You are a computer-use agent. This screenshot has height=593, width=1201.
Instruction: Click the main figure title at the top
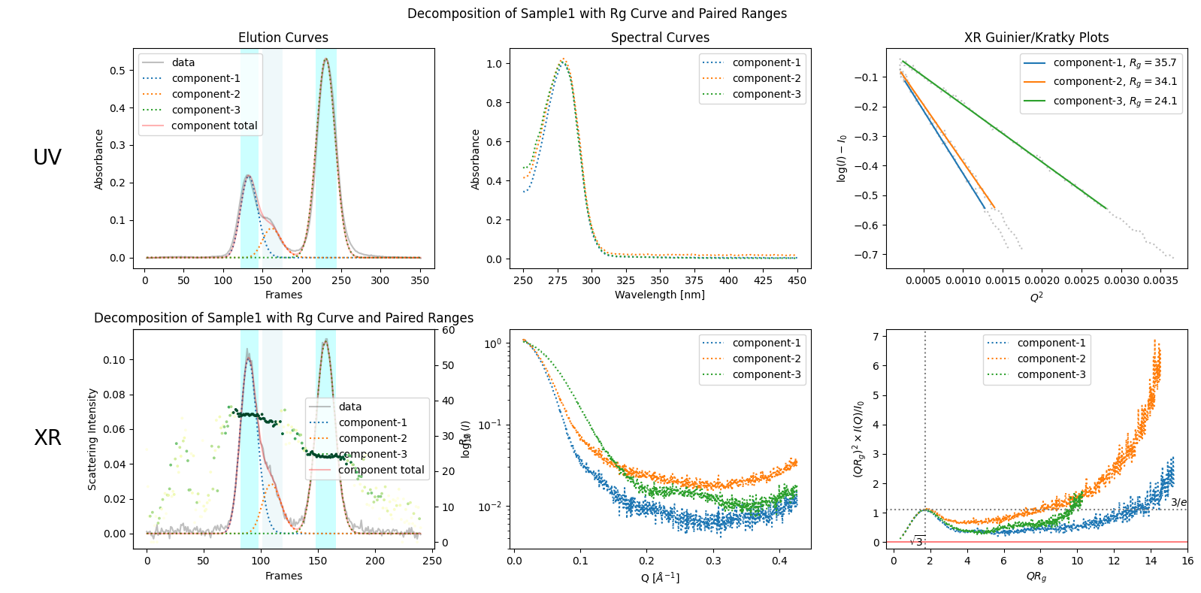[597, 14]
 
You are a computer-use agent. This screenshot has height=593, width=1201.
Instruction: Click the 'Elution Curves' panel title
[283, 38]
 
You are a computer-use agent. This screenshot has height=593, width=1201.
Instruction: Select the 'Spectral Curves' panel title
[660, 38]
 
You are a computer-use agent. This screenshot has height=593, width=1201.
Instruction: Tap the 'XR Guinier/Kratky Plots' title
[1036, 38]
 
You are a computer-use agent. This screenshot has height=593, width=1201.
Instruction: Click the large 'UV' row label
[47, 157]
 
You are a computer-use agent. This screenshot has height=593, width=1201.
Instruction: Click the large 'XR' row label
[47, 438]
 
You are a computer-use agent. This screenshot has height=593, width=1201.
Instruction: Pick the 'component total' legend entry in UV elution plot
[213, 126]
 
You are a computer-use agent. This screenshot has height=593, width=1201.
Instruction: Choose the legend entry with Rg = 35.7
[1115, 63]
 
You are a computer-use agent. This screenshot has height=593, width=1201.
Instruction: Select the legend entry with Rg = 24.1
[1115, 101]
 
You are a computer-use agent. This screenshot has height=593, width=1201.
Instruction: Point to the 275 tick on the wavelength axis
[558, 280]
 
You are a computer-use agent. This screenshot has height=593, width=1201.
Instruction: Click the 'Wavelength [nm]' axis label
[659, 295]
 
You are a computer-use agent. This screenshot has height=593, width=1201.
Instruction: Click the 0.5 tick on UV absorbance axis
[117, 71]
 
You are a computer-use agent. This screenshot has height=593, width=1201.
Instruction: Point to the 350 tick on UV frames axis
[419, 280]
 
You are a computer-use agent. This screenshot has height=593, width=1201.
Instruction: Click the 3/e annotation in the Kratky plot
[1178, 502]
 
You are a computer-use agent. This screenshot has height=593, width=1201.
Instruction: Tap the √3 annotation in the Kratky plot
[917, 541]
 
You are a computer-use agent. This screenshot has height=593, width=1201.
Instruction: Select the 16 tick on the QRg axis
[1187, 561]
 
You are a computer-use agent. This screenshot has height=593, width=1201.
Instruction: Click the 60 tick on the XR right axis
[448, 330]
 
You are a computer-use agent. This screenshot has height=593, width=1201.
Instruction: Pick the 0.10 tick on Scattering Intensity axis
[114, 360]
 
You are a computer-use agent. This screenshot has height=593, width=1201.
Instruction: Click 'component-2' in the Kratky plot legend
[1051, 359]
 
